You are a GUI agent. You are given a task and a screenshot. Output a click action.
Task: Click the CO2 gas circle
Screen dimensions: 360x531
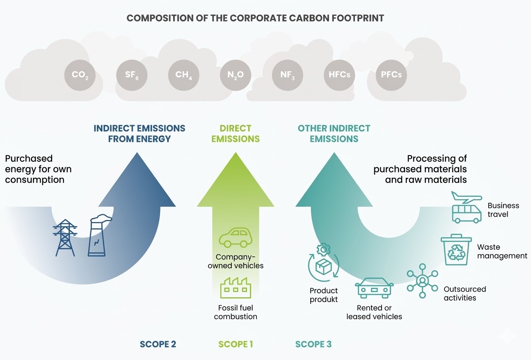point(80,75)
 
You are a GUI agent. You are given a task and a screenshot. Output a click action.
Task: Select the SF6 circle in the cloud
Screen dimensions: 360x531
point(131,75)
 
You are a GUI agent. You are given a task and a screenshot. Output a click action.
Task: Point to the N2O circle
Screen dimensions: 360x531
point(236,75)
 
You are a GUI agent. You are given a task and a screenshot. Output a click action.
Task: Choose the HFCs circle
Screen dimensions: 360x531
point(339,75)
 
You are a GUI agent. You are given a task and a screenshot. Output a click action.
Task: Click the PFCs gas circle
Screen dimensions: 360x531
point(391,75)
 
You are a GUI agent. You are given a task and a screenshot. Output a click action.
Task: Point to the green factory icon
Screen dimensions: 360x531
point(235,288)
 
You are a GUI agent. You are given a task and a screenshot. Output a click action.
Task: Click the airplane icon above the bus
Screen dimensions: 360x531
point(466,198)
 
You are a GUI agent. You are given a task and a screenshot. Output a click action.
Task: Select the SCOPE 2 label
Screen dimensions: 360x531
point(158,344)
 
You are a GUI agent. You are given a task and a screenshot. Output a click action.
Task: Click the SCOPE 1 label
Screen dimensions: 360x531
point(236,344)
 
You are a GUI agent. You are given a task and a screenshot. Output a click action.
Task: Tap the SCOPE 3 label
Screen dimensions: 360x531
point(313,344)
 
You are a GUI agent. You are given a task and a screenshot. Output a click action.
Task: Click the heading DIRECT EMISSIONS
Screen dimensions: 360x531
point(236,133)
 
